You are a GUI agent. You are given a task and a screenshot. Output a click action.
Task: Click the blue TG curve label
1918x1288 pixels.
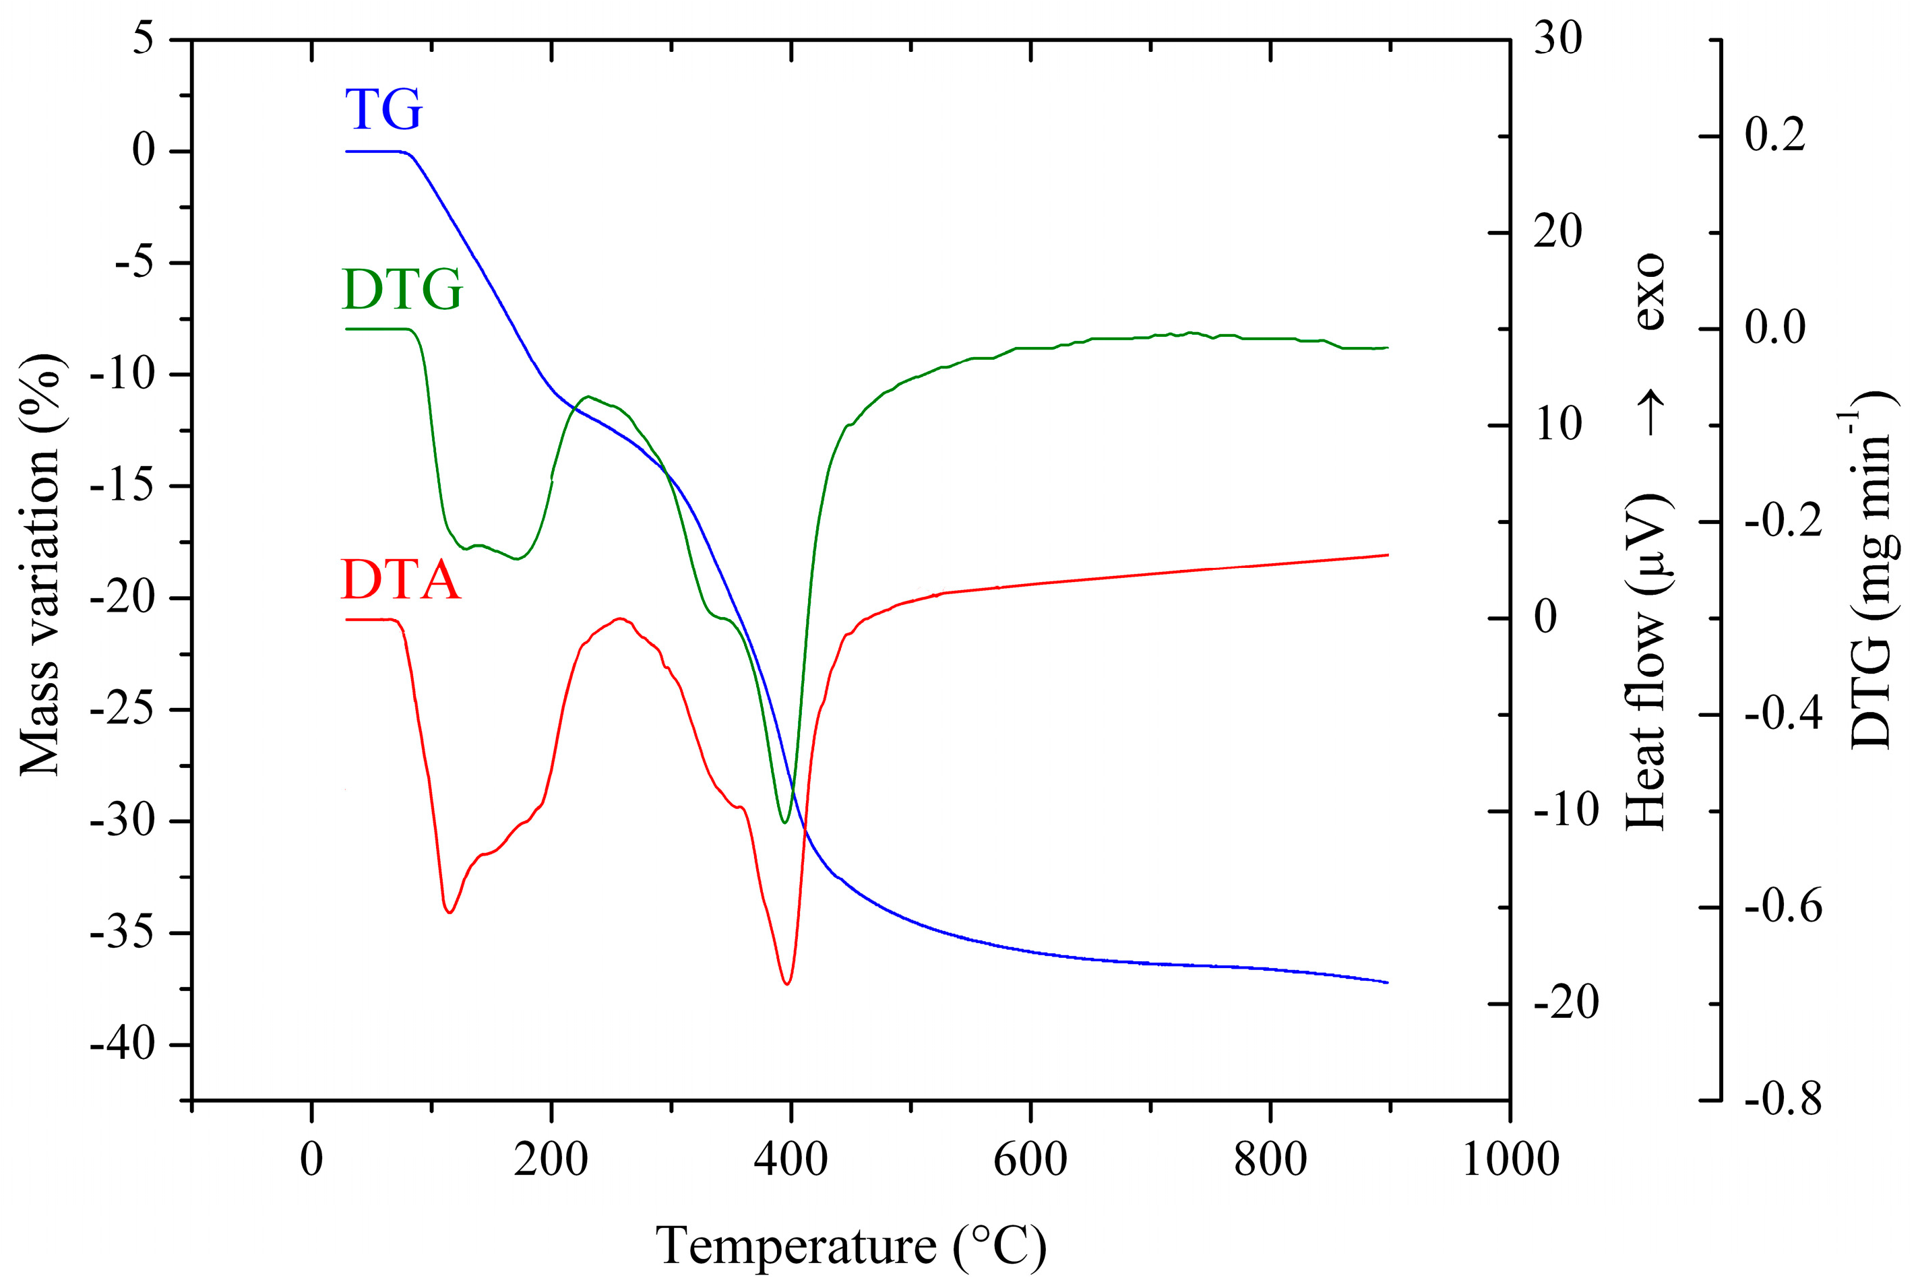point(383,110)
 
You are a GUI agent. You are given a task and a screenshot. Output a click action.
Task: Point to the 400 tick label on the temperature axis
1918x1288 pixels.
point(791,1160)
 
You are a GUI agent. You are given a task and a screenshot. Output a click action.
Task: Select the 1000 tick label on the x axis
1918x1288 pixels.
point(1510,1160)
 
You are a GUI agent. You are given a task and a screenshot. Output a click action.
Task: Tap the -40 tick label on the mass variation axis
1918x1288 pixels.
point(123,1045)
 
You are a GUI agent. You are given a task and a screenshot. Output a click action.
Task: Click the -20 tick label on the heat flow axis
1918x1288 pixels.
point(1566,1003)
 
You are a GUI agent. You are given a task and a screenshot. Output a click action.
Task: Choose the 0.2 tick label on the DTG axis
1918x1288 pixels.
point(1775,135)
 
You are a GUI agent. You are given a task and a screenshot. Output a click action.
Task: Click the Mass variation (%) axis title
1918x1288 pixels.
point(41,565)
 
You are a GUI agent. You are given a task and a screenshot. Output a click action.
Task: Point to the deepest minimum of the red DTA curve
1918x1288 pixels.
point(787,984)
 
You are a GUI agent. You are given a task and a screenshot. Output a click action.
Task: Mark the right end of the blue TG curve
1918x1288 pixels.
point(1387,982)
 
